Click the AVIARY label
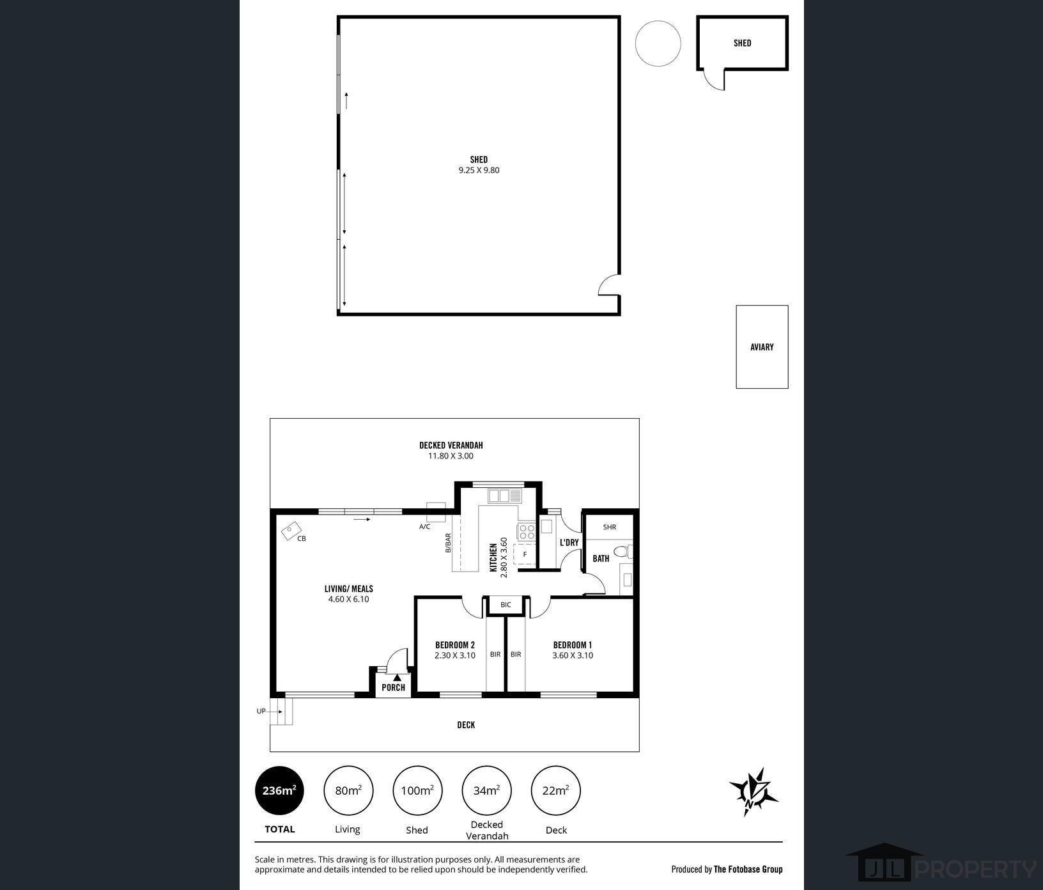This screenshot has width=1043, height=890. pyautogui.click(x=762, y=347)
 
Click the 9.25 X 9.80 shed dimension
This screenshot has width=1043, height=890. pyautogui.click(x=479, y=170)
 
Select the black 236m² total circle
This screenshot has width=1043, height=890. pyautogui.click(x=279, y=791)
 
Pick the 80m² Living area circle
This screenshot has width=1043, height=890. pyautogui.click(x=348, y=791)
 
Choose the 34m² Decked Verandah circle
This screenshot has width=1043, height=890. pyautogui.click(x=486, y=791)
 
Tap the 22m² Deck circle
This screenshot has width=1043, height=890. pyautogui.click(x=555, y=791)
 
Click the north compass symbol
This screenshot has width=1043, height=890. pyautogui.click(x=754, y=792)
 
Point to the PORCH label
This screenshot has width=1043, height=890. pyautogui.click(x=393, y=687)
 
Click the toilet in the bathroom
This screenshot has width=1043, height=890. pyautogui.click(x=622, y=551)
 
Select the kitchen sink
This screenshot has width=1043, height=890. pyautogui.click(x=505, y=496)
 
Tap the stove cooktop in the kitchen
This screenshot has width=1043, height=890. pyautogui.click(x=527, y=531)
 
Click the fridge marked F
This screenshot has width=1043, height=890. pyautogui.click(x=525, y=554)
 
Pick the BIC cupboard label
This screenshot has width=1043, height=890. pyautogui.click(x=506, y=605)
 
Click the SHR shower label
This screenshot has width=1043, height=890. pyautogui.click(x=609, y=527)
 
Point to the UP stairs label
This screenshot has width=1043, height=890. pyautogui.click(x=261, y=711)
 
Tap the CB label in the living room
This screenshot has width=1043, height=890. pyautogui.click(x=302, y=538)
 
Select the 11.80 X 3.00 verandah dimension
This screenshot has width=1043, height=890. pyautogui.click(x=451, y=456)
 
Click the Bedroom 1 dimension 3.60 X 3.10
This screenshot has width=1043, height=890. pyautogui.click(x=573, y=655)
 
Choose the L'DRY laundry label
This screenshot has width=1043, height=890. pyautogui.click(x=569, y=543)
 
